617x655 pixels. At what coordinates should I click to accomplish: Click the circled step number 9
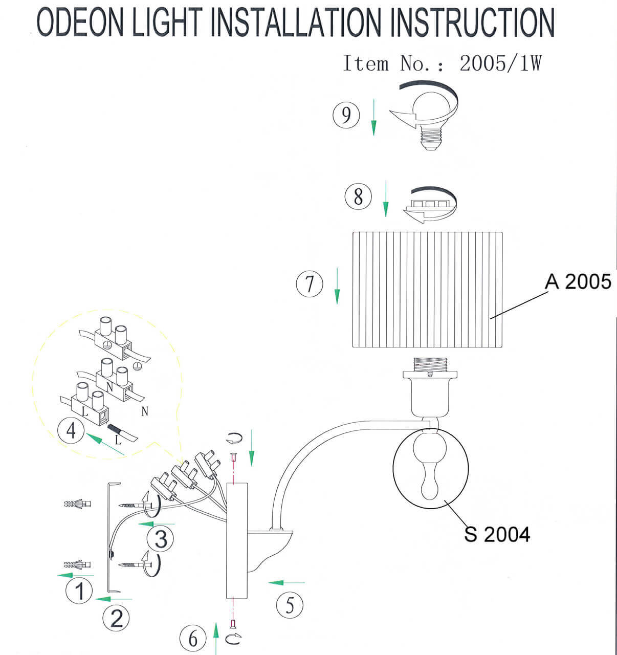[x=346, y=115]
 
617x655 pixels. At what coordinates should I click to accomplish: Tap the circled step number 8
[x=358, y=196]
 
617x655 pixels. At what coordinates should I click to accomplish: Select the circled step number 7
[x=310, y=284]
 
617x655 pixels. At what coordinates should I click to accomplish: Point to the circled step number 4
[x=71, y=430]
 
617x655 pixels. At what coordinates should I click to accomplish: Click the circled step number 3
[x=160, y=538]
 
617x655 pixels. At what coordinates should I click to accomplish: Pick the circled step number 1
[x=79, y=591]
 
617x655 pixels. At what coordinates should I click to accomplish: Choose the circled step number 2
[x=116, y=618]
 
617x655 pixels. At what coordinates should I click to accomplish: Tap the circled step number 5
[x=290, y=605]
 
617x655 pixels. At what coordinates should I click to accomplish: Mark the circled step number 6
[x=193, y=639]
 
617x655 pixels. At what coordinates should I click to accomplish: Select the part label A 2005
[x=578, y=282]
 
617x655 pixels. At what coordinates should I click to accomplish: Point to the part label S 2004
[x=497, y=534]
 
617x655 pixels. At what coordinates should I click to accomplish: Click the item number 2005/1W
[x=500, y=64]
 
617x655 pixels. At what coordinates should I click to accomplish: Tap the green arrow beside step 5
[x=287, y=582]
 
